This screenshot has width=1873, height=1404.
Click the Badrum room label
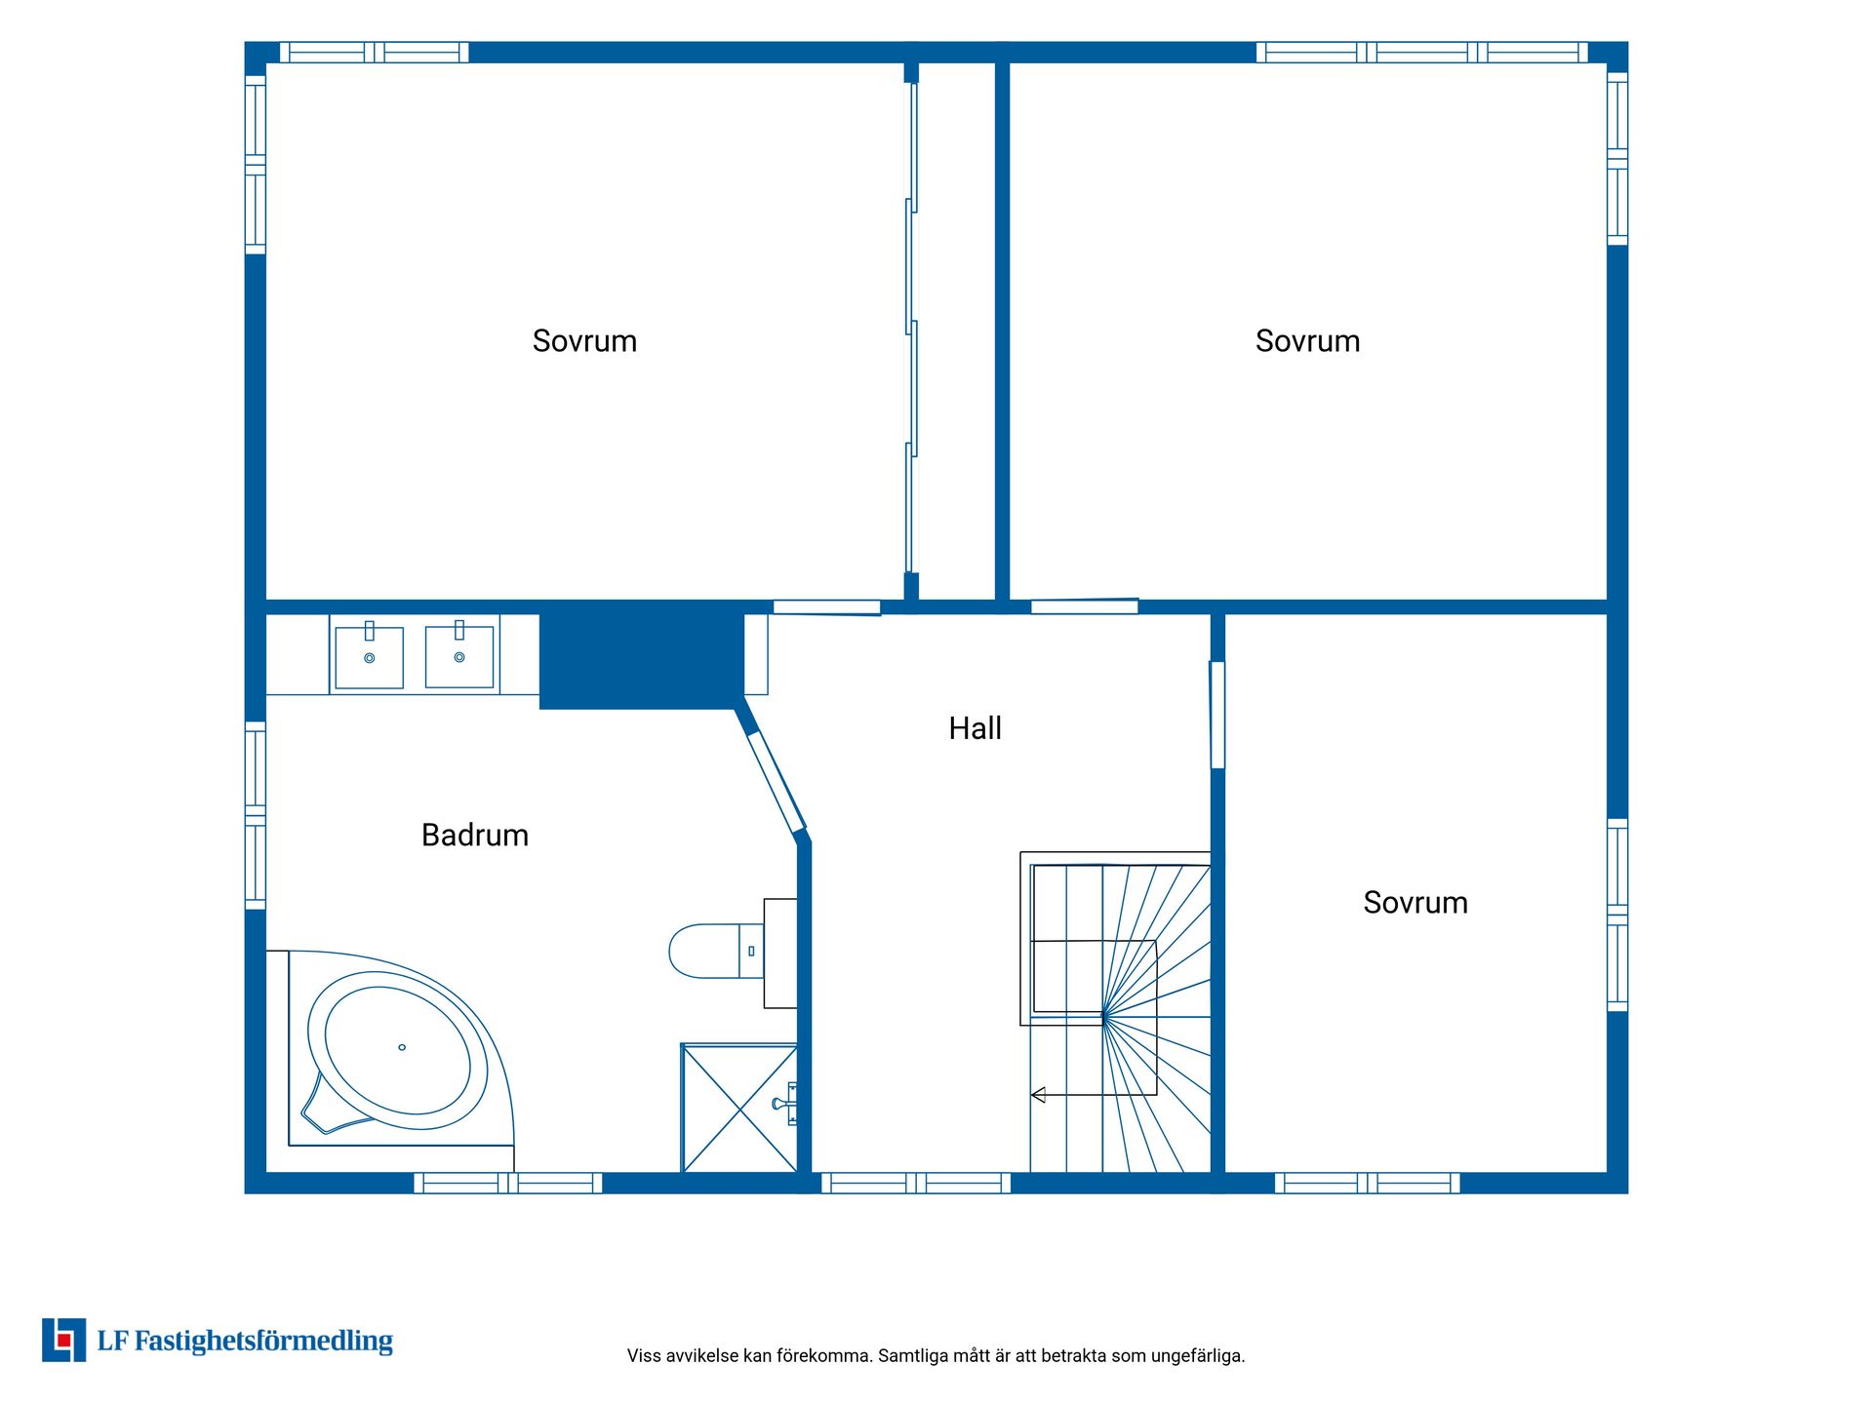[x=475, y=836]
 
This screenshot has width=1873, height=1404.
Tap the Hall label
[x=975, y=728]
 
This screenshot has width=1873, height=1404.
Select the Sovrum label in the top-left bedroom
[x=584, y=341]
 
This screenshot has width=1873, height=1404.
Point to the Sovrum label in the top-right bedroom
[x=1307, y=341]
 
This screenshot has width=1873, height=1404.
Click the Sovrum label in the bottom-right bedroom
[x=1415, y=903]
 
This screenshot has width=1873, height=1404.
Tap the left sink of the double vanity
[x=370, y=657]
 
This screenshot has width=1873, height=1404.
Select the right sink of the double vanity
[x=459, y=656]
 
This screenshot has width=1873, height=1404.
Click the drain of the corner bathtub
[x=402, y=1047]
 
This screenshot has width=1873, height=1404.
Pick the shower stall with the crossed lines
[x=739, y=1109]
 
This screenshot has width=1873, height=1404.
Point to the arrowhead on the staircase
[x=1038, y=1095]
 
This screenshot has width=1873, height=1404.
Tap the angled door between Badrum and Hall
[x=776, y=783]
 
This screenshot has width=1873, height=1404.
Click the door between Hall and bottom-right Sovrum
[x=1217, y=715]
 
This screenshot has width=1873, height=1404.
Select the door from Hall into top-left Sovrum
[x=827, y=607]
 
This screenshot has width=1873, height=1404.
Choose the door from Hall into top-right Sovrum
[x=1085, y=606]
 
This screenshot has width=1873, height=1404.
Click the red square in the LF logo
[x=64, y=1341]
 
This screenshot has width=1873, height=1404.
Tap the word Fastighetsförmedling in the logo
[x=263, y=1342]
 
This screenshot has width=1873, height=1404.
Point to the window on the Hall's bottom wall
[x=916, y=1184]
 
